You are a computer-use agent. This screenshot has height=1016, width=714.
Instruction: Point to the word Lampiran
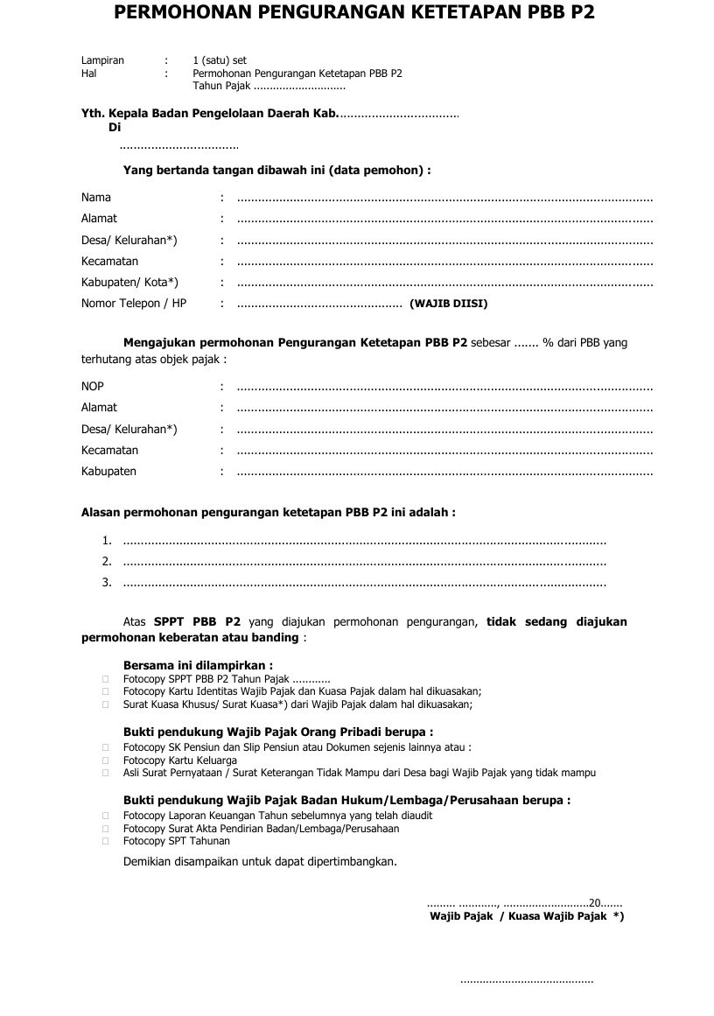pos(102,61)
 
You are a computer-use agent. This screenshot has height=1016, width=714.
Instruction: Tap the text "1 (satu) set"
pos(220,61)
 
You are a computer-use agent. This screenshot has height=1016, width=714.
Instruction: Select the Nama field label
pos(96,198)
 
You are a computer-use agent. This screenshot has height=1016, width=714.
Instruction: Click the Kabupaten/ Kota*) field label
pos(129,283)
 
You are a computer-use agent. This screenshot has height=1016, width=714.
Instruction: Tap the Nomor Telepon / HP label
pos(134,304)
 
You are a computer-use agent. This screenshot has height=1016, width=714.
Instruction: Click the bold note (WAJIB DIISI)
pos(448,305)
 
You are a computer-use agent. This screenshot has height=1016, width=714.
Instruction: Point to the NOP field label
pos(93,387)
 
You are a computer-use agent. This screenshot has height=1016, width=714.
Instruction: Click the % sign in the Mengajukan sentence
pos(548,343)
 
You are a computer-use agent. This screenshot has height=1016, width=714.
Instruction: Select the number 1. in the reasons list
pos(106,541)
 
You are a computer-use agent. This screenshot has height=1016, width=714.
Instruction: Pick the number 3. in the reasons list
pos(106,583)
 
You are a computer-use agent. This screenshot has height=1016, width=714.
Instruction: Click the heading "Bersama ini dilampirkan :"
pos(198,665)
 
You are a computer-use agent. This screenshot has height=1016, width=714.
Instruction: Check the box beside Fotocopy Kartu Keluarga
pos(105,761)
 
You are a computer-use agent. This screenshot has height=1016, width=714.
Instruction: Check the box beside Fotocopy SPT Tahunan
pos(105,841)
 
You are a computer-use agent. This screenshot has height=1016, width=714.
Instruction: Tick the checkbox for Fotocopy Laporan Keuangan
pos(105,816)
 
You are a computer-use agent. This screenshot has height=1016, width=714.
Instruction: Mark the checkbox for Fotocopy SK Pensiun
pos(105,748)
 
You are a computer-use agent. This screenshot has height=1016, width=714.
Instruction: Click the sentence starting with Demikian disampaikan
pos(260,861)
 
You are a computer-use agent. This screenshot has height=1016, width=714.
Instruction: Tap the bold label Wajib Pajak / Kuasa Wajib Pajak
pos(526,916)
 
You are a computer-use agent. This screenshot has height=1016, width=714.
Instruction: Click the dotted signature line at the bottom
pos(527,981)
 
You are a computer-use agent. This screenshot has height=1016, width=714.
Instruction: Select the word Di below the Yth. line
pos(115,128)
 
